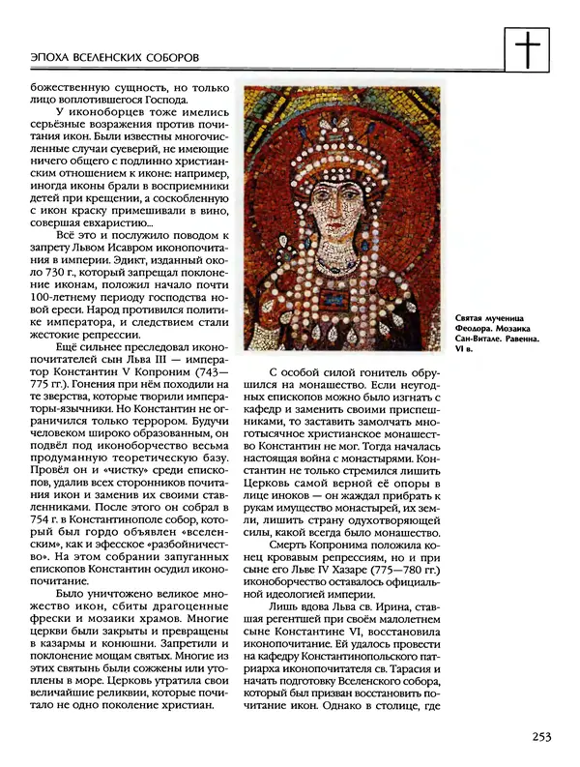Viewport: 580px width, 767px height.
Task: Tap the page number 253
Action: [x=540, y=737]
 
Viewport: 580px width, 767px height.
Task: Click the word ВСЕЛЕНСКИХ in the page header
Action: [x=112, y=59]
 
